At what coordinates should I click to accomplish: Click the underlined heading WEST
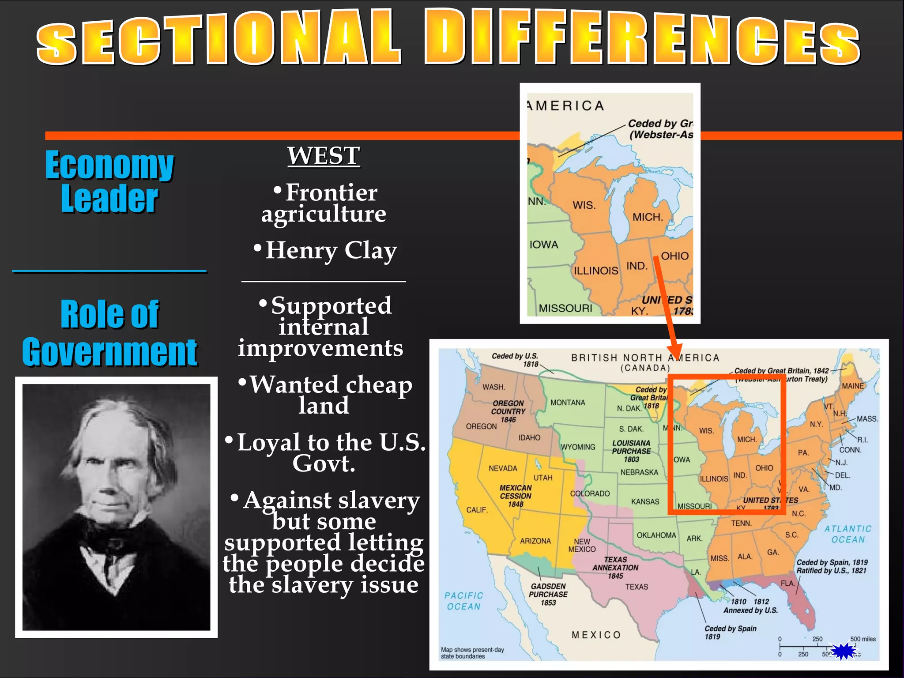(324, 156)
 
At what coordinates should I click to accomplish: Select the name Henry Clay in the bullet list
(331, 250)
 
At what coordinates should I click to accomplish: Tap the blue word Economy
(109, 165)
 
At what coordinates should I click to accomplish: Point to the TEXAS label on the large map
(637, 587)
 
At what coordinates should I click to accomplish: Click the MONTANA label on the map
(568, 403)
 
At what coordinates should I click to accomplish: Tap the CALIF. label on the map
(477, 510)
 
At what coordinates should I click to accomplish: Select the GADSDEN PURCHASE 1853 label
(548, 594)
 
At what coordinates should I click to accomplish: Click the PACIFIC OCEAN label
(463, 601)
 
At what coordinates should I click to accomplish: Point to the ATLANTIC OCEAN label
(848, 534)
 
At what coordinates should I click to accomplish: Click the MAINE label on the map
(853, 386)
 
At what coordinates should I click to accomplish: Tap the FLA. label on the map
(787, 583)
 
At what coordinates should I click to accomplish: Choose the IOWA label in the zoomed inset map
(544, 245)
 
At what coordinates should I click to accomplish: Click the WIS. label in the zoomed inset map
(584, 205)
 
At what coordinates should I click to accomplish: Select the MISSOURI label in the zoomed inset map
(565, 308)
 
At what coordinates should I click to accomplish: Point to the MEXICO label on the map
(596, 635)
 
